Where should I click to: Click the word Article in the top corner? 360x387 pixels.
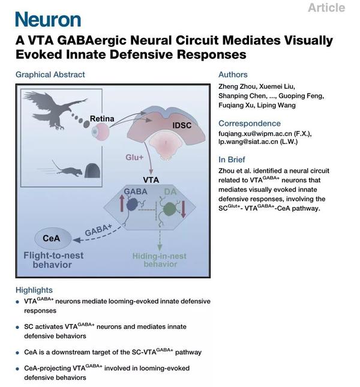(326, 8)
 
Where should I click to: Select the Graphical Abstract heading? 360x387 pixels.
(50, 74)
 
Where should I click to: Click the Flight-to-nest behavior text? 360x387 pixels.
(51, 259)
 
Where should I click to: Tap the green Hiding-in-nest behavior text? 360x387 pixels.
(160, 260)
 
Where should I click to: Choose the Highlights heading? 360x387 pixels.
(34, 290)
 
